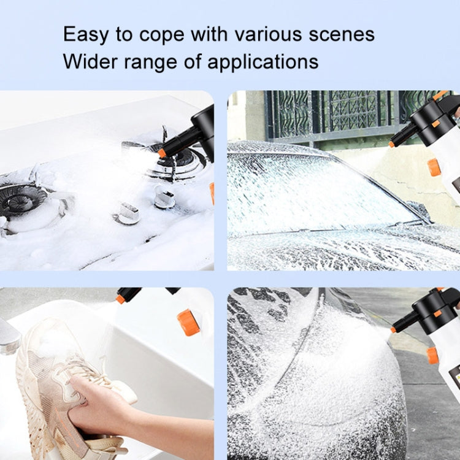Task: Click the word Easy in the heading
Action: (86, 35)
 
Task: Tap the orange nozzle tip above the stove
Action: (162, 153)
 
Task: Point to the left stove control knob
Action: (128, 213)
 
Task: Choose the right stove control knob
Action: (164, 198)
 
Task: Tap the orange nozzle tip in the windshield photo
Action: (391, 144)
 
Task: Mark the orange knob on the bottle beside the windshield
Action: (434, 167)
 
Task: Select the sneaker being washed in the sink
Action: (55, 380)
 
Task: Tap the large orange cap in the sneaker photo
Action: (188, 322)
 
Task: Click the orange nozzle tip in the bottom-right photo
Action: (393, 329)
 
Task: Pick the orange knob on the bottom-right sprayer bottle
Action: (433, 355)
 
